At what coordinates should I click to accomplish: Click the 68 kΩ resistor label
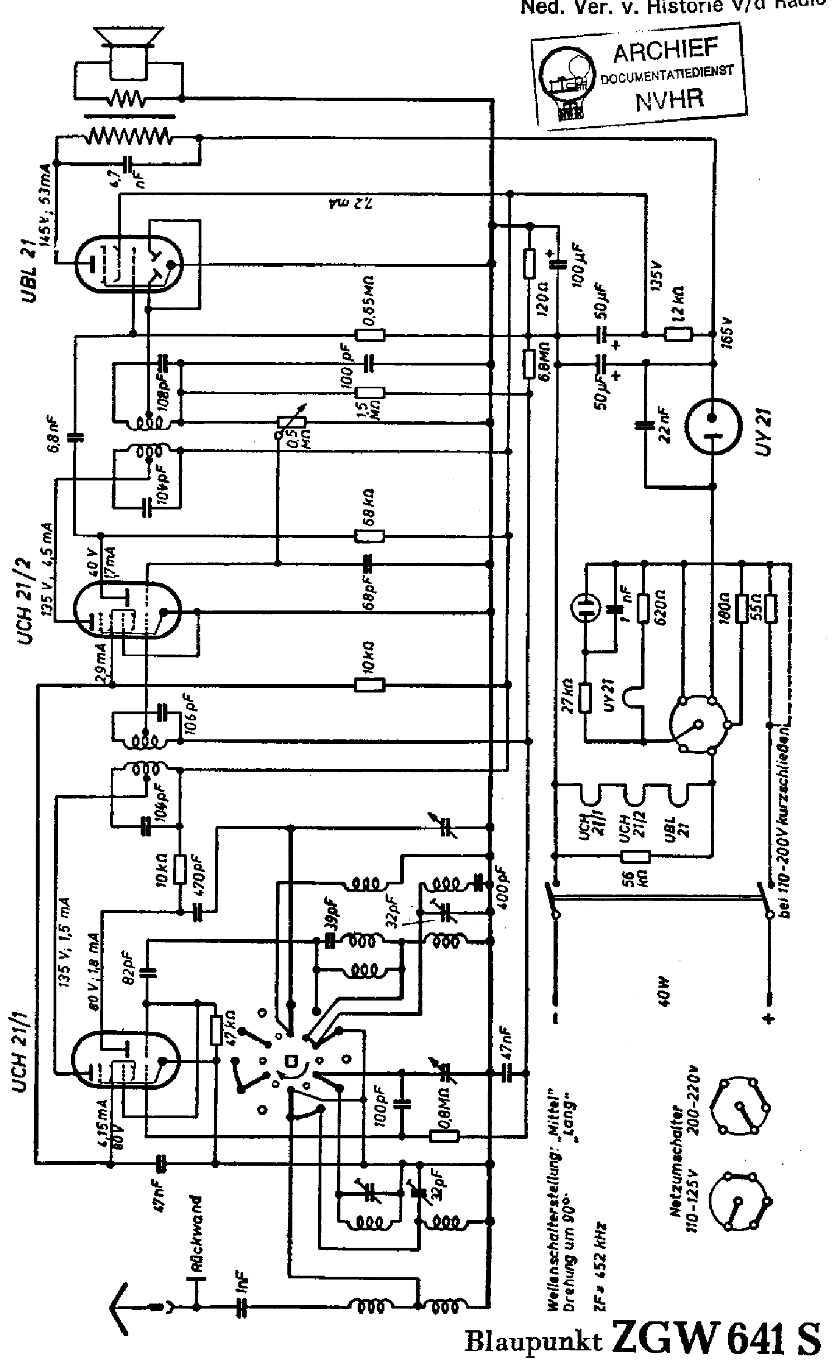point(369,508)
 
